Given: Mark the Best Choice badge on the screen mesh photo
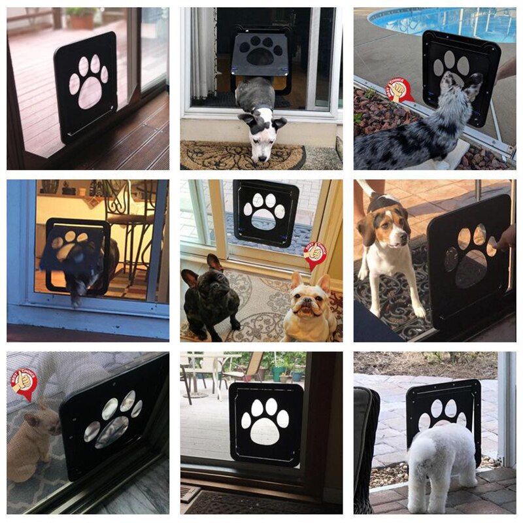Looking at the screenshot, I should [24, 383].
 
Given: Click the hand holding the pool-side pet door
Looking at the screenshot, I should [506, 69].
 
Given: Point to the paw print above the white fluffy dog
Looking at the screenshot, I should [443, 414].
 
